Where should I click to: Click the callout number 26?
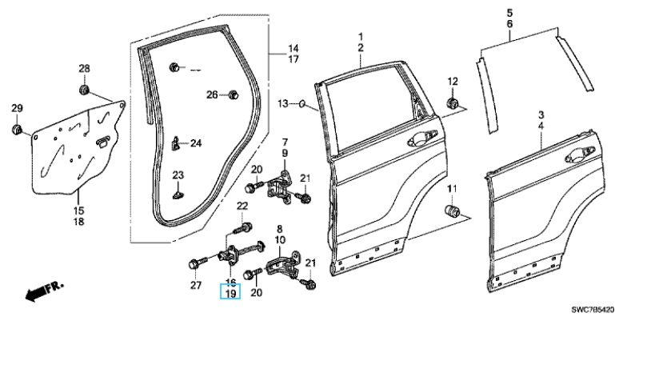click(x=212, y=95)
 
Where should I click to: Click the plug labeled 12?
click(x=452, y=102)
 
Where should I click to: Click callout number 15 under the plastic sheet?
click(x=79, y=210)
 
